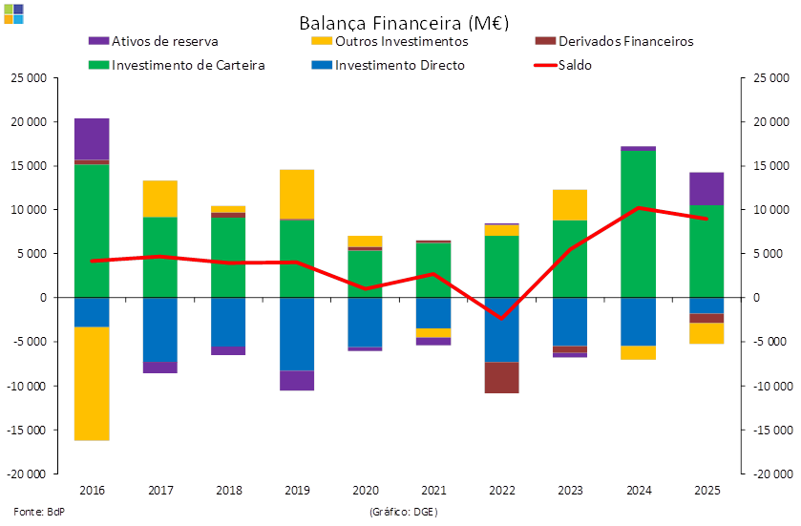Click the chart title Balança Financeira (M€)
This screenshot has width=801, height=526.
point(403,21)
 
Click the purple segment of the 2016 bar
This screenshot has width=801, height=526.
point(92,138)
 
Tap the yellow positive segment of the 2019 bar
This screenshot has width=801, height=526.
point(297,194)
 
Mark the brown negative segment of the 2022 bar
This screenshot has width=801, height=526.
point(502,377)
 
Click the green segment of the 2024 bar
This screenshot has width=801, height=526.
point(639,223)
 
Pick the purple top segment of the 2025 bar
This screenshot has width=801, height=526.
point(707,188)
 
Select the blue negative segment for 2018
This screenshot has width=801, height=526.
point(228,322)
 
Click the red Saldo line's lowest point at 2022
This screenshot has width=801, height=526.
point(502,318)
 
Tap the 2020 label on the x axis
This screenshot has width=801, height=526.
point(366,491)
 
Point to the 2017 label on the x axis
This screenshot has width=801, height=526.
point(160,491)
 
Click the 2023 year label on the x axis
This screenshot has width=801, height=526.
point(571,491)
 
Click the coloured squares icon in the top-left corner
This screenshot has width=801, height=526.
point(13,13)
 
